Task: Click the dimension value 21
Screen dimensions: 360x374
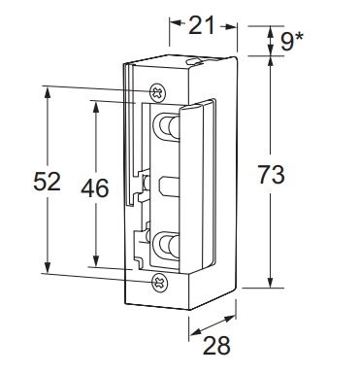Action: tap(201, 25)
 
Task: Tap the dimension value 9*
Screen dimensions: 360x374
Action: tap(291, 41)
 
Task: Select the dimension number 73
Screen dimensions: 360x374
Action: tap(271, 175)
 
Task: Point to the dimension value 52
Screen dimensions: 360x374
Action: tap(48, 182)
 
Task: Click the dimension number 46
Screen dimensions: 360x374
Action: tap(95, 188)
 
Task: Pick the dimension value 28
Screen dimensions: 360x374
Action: tap(216, 345)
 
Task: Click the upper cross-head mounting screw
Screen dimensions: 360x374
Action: tap(158, 93)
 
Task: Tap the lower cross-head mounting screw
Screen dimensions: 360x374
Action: tap(160, 282)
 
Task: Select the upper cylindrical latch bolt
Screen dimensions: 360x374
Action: tap(168, 127)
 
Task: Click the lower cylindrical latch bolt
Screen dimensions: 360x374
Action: tap(168, 246)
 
